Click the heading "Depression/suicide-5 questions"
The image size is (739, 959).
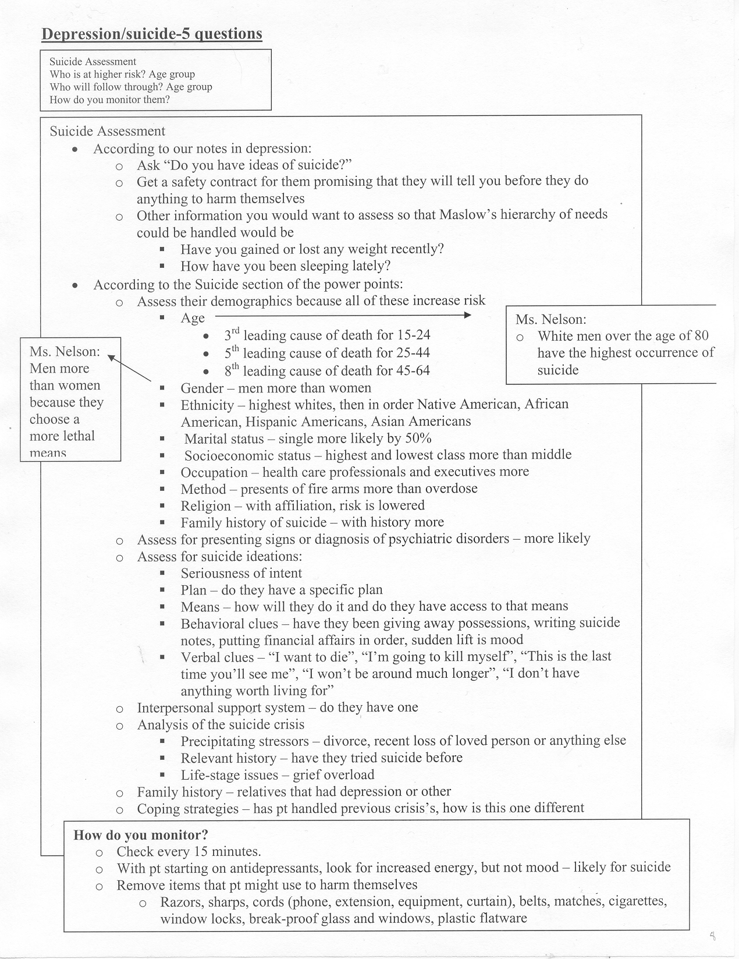[152, 34]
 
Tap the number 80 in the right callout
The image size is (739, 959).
[701, 336]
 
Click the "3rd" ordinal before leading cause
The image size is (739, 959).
[232, 335]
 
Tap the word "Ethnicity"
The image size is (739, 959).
[207, 405]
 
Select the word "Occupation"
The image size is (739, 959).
[214, 472]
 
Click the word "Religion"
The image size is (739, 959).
[205, 506]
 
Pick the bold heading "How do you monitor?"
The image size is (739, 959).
[141, 836]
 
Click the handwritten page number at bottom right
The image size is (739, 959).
[713, 936]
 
